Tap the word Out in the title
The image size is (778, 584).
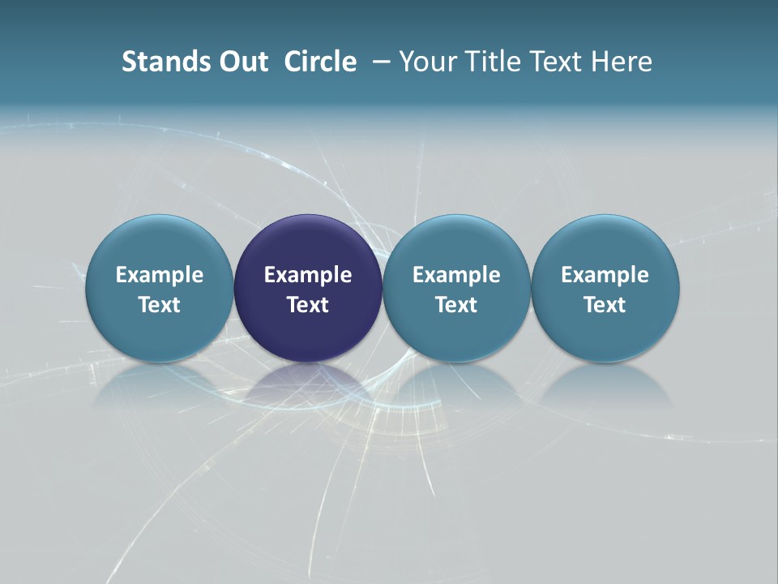point(242,62)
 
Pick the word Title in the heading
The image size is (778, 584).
point(489,62)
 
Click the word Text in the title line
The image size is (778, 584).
point(557,62)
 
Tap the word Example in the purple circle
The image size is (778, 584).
point(308,275)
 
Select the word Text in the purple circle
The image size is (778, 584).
point(308,305)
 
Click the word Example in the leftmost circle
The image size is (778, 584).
point(160,275)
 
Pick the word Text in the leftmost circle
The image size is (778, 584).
point(160,305)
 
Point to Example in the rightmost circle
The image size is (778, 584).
point(605,275)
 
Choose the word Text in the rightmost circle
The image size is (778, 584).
point(605,305)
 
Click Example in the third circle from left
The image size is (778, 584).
point(456,275)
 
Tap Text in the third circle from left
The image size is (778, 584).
point(456,305)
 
